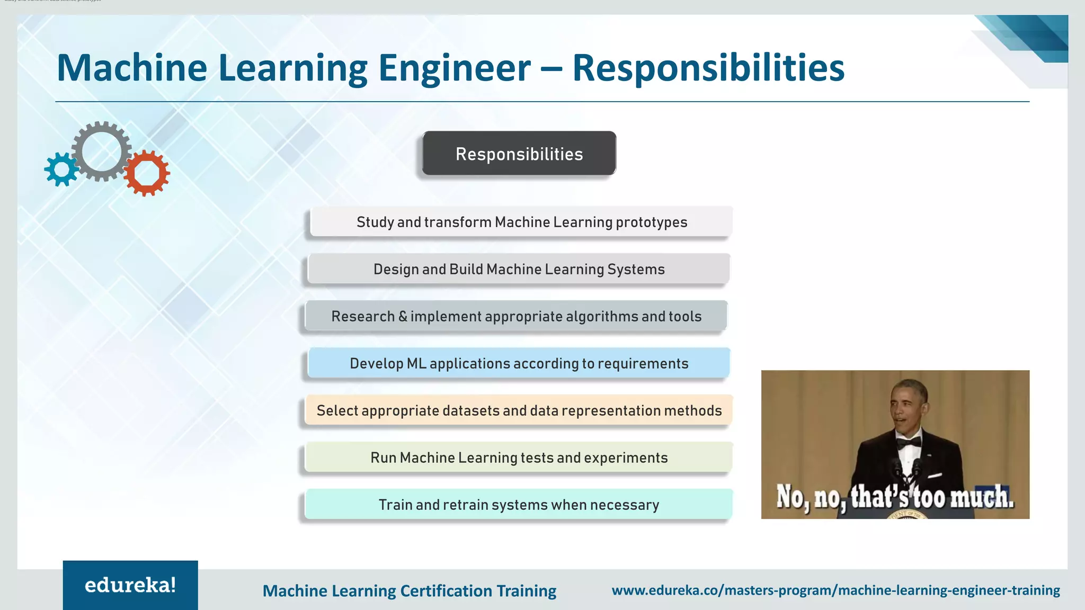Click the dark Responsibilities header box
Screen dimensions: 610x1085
tap(519, 154)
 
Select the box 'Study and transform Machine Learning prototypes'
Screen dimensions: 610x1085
tap(521, 222)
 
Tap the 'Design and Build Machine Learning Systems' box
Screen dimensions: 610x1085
tap(519, 269)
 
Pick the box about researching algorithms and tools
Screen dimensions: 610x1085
tap(517, 316)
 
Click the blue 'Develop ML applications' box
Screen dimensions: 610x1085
tap(519, 363)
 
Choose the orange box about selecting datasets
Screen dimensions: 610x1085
tap(519, 410)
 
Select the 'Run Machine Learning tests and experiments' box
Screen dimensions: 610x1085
tap(519, 457)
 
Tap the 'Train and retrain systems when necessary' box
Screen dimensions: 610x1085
tap(519, 505)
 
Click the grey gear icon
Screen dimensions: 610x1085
tap(101, 151)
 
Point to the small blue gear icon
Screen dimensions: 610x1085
tap(61, 169)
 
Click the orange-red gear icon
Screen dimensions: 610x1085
tap(147, 173)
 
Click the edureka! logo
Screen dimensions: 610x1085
tap(130, 585)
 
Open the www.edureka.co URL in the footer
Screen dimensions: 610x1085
tap(835, 590)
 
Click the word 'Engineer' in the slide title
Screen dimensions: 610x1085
tap(454, 68)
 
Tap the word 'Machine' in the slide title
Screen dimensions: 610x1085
tap(132, 68)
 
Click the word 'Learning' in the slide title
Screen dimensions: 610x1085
tap(292, 68)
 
